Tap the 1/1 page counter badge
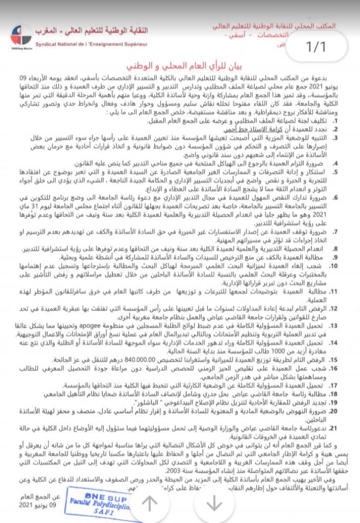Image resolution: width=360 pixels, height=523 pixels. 315,47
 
